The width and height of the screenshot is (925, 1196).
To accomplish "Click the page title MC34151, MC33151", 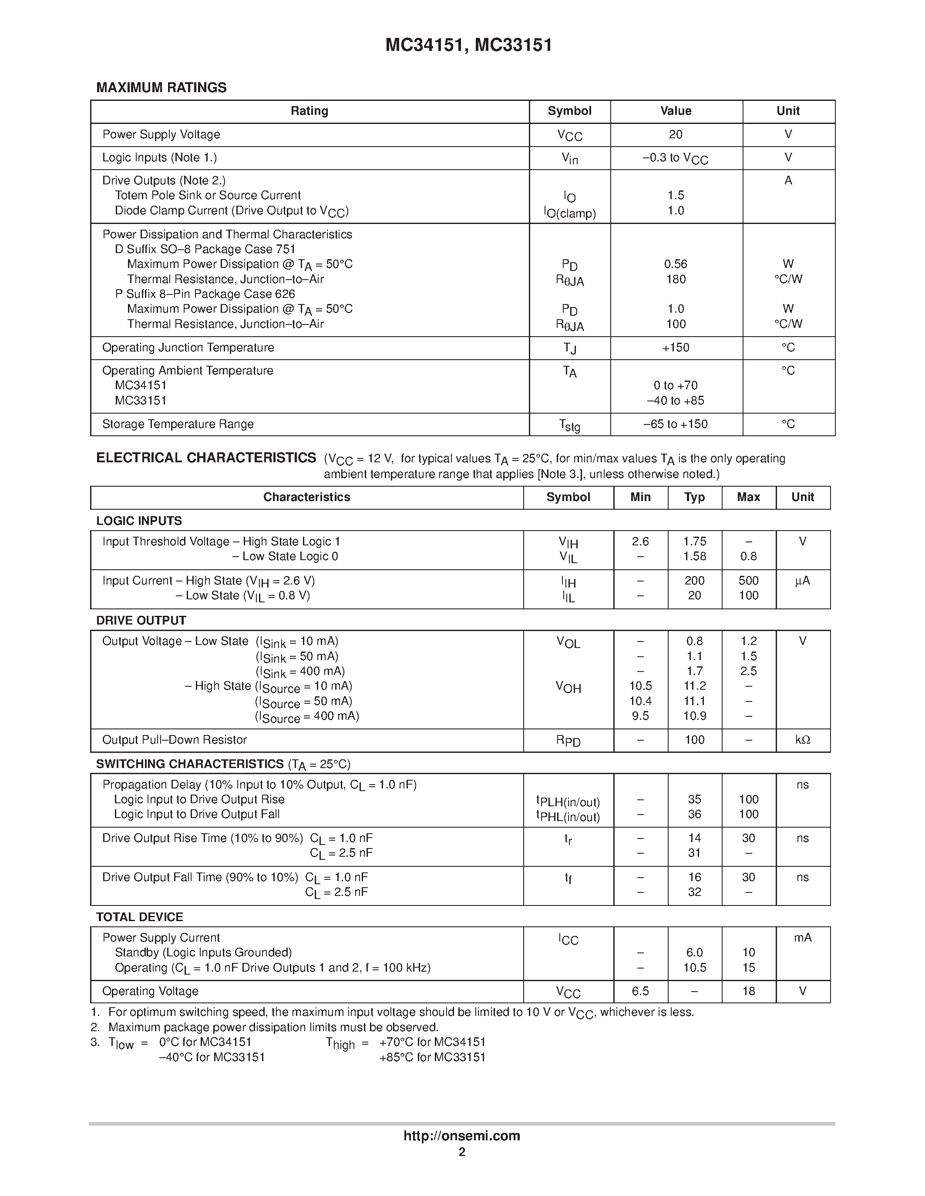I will pos(468,45).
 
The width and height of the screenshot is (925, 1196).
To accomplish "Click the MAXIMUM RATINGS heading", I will pos(161,87).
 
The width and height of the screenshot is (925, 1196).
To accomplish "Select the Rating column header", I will pos(309,111).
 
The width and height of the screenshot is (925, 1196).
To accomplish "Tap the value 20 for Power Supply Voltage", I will pos(676,135).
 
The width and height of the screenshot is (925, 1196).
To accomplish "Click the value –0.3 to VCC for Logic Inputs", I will pos(675,158).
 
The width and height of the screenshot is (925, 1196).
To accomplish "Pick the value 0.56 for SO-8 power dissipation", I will pos(676,264).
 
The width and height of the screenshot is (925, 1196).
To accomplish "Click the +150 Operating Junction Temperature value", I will pos(676,348).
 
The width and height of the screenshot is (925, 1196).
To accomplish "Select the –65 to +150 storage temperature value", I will pos(676,424).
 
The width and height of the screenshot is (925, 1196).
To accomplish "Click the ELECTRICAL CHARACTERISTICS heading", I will pos(206,458).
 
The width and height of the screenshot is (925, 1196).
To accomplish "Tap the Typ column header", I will pos(694,497).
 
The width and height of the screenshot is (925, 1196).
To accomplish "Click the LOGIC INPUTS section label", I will pos(139,521).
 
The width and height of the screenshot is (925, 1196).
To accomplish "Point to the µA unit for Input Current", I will pos(802,581).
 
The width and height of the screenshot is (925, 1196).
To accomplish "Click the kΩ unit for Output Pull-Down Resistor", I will pos(802,740).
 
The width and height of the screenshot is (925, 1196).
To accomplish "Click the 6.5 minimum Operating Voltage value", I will pos(640,991).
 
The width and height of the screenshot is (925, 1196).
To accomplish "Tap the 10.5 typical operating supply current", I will pos(694,968).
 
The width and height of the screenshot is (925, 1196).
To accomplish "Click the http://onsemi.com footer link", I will pos(461,1136).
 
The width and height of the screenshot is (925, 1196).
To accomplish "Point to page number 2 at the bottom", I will pos(462,1152).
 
